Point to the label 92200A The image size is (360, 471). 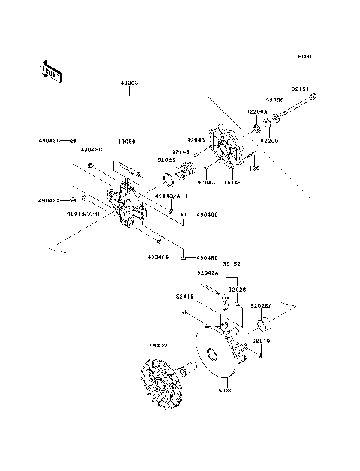(256, 111)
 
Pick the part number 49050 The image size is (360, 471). (125, 140)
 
